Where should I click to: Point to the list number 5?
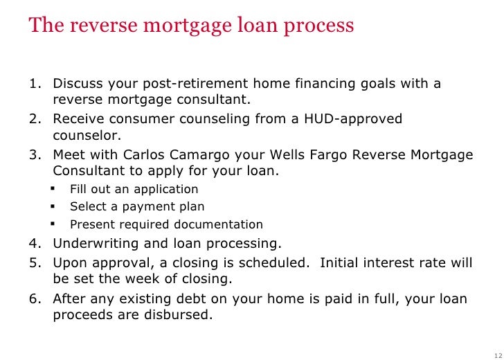34,263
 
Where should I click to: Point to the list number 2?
34,118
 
